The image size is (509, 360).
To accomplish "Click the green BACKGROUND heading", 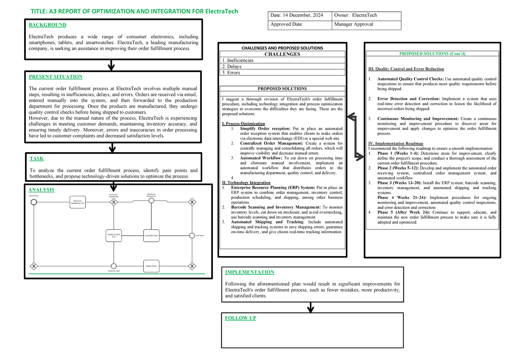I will (x=47, y=25).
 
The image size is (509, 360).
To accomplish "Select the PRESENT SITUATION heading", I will (x=55, y=77).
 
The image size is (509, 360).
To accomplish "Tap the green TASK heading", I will (x=36, y=159).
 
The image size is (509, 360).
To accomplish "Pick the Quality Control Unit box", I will (x=113, y=236).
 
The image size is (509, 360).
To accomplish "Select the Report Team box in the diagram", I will (x=151, y=266).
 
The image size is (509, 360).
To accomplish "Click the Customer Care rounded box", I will (x=151, y=236).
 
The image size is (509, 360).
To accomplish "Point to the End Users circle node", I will (x=192, y=236).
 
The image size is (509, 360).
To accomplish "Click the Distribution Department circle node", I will (x=151, y=201).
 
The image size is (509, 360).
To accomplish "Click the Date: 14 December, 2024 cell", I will (x=299, y=16).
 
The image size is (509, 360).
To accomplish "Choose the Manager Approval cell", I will (x=366, y=25).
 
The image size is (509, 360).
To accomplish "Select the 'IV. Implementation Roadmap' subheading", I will (x=396, y=144).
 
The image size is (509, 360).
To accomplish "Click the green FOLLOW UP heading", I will (x=240, y=318).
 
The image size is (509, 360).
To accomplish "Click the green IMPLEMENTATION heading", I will (x=249, y=272).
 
